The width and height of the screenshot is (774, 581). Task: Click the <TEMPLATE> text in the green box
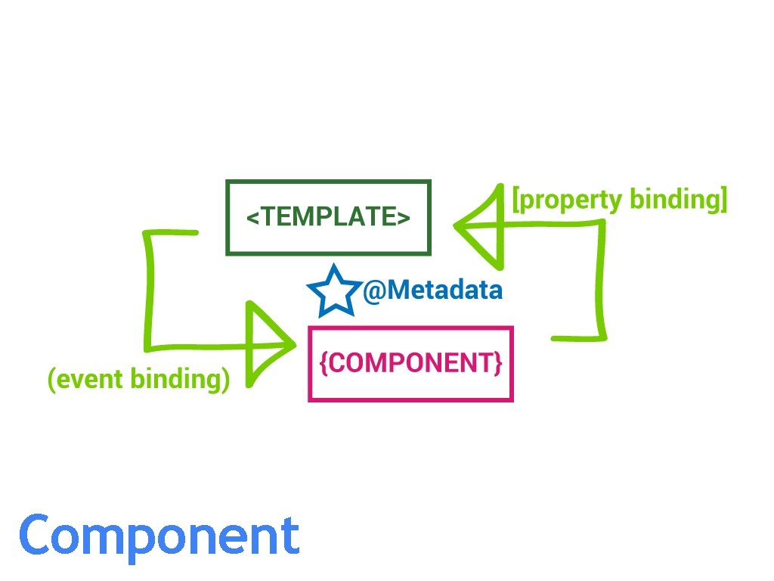pyautogui.click(x=328, y=217)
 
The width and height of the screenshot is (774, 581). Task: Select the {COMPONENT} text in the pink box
pyautogui.click(x=410, y=364)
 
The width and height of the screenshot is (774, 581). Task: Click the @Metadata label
pyautogui.click(x=432, y=290)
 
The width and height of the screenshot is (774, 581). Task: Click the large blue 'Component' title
pyautogui.click(x=159, y=536)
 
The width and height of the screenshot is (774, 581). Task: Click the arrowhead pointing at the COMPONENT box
pyautogui.click(x=268, y=345)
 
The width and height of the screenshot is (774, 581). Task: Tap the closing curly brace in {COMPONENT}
pyautogui.click(x=497, y=364)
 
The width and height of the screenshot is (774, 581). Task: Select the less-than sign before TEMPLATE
pyautogui.click(x=253, y=218)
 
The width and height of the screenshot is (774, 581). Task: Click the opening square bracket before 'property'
pyautogui.click(x=516, y=200)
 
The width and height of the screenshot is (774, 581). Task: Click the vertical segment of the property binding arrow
pyautogui.click(x=603, y=280)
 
